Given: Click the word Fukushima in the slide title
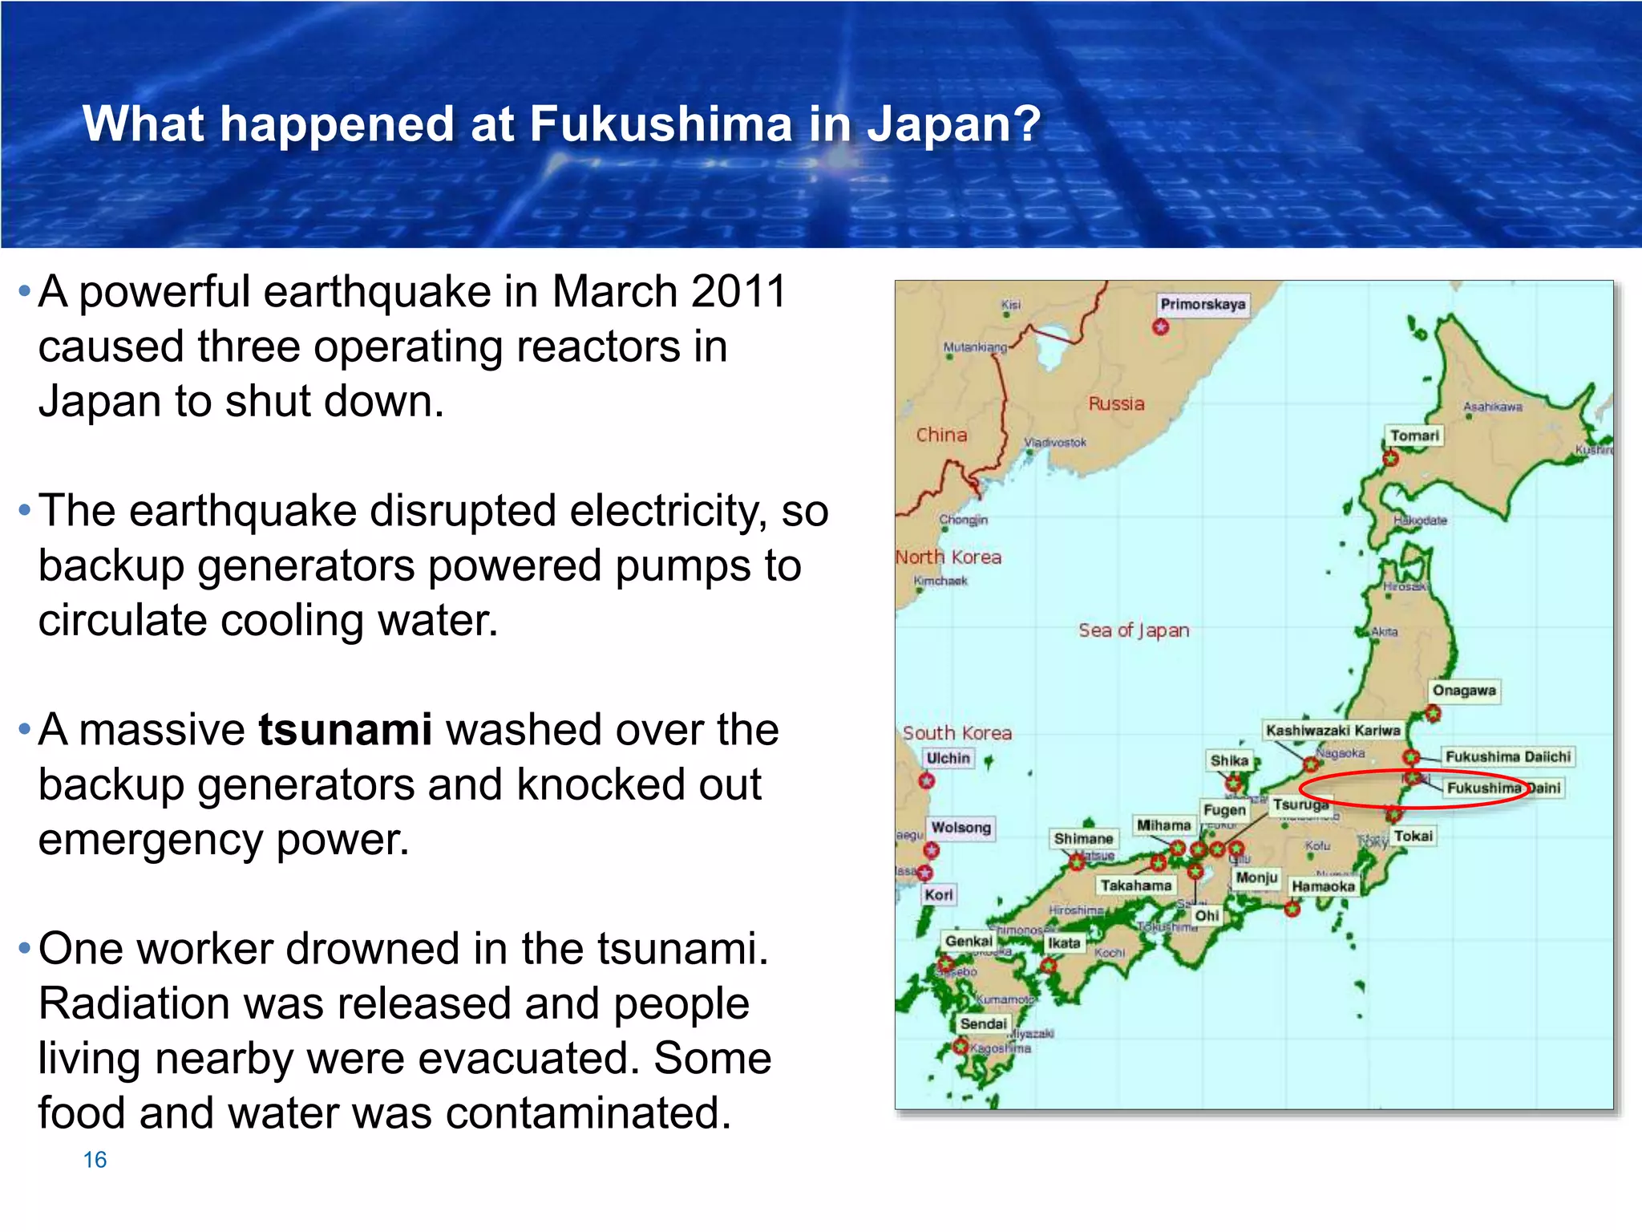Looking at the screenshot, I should coord(661,124).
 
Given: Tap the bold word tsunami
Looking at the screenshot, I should coord(345,730).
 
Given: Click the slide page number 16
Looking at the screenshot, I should coord(95,1160).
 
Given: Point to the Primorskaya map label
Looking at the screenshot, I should coord(1203,304).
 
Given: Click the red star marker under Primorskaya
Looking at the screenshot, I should coord(1160,327).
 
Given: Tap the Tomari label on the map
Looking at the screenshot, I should coord(1414,436).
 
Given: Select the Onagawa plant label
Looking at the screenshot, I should coord(1464,691).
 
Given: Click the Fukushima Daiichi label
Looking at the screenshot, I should coord(1507,756).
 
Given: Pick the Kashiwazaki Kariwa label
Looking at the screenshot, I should coord(1333,730).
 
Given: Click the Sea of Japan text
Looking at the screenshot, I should coord(1134,630).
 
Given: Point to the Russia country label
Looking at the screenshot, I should coord(1116,403).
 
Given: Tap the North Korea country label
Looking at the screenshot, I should coord(948,557).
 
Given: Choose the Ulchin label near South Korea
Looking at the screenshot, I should coord(948,758).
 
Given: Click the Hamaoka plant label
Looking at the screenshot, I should coord(1323,886).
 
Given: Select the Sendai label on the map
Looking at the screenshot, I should coord(983,1023).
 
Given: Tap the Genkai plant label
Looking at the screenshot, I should coord(969,941).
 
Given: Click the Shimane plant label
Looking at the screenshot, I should coord(1083,838).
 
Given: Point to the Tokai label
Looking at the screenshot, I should coord(1413,836).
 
